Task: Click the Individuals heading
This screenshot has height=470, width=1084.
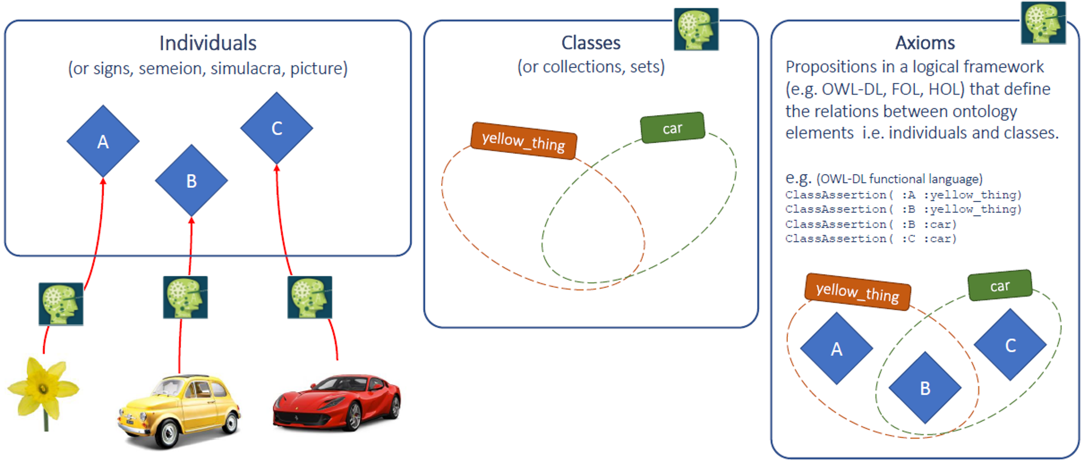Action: (207, 43)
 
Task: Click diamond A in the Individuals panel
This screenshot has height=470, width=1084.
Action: (103, 141)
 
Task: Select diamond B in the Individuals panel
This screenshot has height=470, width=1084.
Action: (191, 181)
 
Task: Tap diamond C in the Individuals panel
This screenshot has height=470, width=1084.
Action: (277, 128)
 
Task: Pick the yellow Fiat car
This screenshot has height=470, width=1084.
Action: (179, 409)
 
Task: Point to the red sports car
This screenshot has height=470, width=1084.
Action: (337, 402)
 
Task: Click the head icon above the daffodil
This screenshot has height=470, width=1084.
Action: (61, 303)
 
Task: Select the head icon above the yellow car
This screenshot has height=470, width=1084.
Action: (185, 297)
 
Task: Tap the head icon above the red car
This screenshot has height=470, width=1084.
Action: (309, 297)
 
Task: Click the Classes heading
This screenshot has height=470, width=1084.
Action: (591, 43)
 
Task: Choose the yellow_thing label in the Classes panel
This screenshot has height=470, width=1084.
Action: (523, 141)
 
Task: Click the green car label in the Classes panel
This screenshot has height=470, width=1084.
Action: (672, 128)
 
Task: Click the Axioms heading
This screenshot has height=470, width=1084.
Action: (925, 43)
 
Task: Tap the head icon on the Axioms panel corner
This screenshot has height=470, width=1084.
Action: (1043, 23)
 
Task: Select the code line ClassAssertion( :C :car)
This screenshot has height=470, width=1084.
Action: (871, 239)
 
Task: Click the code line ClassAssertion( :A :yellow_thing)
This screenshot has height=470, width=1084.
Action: (903, 195)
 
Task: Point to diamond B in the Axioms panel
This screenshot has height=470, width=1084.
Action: (925, 388)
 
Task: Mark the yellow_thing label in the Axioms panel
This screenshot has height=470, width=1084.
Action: (857, 292)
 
